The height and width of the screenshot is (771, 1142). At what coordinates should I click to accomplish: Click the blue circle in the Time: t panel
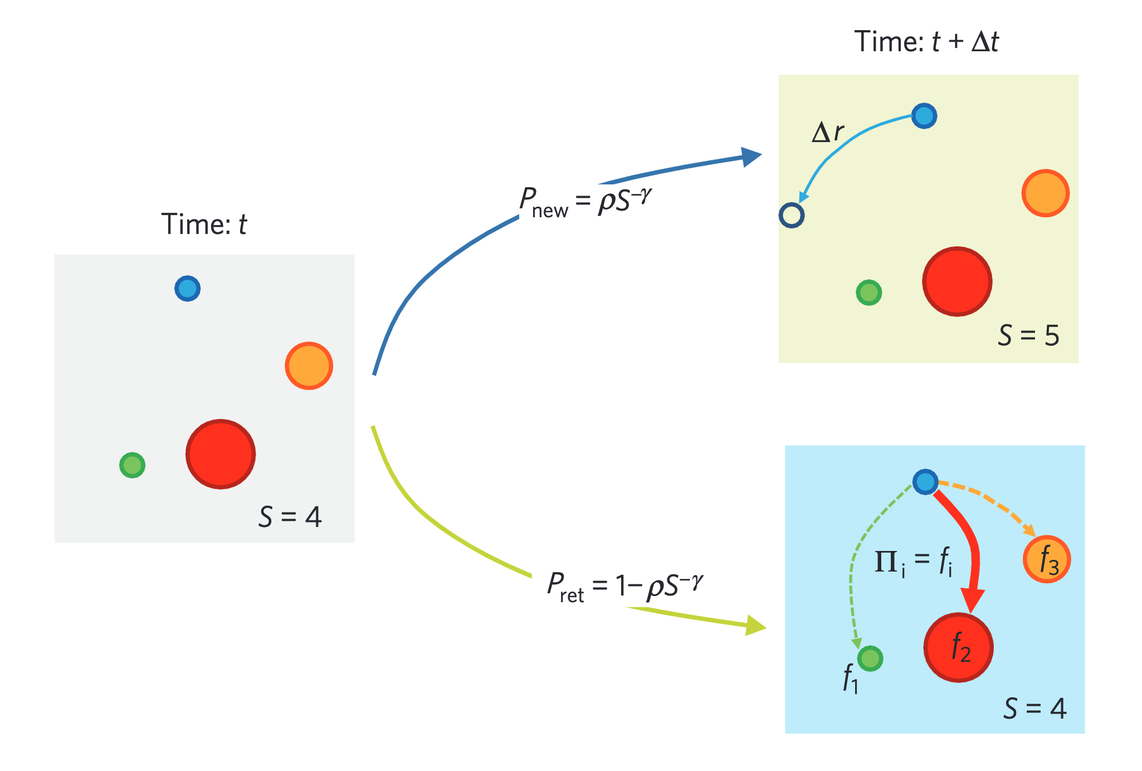click(187, 289)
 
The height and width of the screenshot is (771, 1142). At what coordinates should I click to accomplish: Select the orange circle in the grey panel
click(309, 366)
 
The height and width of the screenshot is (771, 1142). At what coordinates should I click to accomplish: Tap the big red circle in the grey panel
click(221, 454)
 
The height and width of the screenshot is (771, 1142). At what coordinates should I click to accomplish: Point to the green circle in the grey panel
click(132, 465)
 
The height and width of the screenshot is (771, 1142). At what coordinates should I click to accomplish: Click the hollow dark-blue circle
click(791, 215)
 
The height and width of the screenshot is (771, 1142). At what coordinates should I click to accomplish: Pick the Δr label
click(828, 133)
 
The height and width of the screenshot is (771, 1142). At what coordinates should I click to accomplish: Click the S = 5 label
click(1028, 335)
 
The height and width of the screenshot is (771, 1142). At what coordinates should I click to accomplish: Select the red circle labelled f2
click(958, 647)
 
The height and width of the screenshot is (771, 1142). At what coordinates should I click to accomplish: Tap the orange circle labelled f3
click(1047, 559)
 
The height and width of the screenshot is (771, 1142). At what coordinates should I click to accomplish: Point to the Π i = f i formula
click(914, 562)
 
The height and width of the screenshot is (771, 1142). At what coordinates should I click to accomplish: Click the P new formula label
click(585, 202)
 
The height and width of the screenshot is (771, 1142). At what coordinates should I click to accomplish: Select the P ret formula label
click(624, 586)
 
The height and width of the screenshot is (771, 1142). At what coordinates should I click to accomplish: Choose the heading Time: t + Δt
click(926, 42)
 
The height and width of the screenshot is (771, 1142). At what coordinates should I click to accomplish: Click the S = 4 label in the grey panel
click(290, 517)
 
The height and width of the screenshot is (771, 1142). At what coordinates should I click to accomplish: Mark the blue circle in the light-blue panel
click(925, 482)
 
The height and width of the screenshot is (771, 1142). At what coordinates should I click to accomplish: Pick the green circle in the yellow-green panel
click(868, 292)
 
